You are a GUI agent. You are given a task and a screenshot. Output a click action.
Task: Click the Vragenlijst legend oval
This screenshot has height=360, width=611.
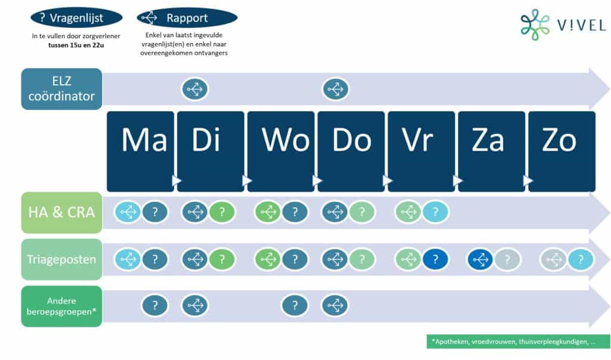point(76,18)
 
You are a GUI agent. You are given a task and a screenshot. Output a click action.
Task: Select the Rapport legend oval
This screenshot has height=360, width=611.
point(187,18)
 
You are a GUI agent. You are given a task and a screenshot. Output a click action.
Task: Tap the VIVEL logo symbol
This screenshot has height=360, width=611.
point(535,24)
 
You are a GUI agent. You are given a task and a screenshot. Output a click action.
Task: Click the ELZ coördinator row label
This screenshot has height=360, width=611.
point(61,89)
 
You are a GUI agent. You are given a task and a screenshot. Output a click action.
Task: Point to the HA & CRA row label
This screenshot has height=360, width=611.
point(61,213)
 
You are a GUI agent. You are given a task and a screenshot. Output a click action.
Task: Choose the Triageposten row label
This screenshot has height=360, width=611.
point(61,259)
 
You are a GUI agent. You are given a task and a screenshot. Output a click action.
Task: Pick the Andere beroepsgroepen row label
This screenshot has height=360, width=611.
point(61,306)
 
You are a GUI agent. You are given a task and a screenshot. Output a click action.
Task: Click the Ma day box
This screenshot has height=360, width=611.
point(140,151)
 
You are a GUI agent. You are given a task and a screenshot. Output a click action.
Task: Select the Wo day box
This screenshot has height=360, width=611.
point(281,151)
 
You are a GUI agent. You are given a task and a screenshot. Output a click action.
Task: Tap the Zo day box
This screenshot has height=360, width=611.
point(562,151)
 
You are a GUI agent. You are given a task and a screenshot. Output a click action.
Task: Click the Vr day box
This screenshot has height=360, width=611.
point(421,151)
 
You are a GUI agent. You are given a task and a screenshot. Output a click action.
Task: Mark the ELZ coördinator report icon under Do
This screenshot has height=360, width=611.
point(335,90)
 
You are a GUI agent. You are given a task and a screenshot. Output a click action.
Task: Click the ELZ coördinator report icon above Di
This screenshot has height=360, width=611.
point(195,90)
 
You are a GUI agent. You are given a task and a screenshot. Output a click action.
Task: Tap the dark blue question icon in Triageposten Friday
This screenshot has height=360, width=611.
point(435,259)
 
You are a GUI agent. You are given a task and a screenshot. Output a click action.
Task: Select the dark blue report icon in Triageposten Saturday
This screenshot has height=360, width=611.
point(480,259)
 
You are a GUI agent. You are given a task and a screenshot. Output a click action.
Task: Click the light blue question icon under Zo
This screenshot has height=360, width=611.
point(581,259)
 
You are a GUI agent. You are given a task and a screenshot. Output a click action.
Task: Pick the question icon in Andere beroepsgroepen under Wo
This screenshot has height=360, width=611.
point(295,306)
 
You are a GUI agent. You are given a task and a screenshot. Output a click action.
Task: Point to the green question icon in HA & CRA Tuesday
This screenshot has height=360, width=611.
point(222,212)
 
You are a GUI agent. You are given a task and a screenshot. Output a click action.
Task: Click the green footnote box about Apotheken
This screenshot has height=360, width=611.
point(519,341)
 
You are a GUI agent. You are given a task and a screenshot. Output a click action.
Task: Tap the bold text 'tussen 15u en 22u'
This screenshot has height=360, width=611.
point(76,45)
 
